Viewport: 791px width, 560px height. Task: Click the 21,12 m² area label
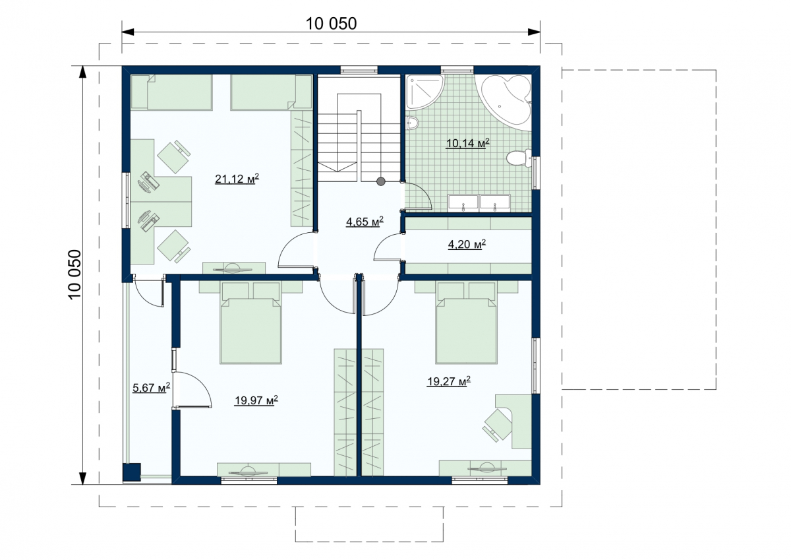click(x=237, y=179)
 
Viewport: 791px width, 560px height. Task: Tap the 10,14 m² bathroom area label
click(x=467, y=143)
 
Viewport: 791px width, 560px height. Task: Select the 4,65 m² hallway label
click(x=365, y=222)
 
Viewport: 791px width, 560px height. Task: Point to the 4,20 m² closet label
click(x=467, y=244)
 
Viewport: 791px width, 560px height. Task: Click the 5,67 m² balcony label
click(x=152, y=388)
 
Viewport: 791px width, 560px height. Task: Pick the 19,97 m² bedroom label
click(x=256, y=400)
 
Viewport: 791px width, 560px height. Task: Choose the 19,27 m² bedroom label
click(x=448, y=381)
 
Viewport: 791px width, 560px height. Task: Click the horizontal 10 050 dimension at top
click(x=331, y=24)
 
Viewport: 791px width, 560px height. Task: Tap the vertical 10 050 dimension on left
click(x=74, y=275)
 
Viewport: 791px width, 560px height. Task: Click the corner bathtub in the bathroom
click(x=506, y=101)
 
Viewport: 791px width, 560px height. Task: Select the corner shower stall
click(x=423, y=92)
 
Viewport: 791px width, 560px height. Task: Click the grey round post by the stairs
click(x=380, y=181)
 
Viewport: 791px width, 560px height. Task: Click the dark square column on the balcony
click(x=132, y=472)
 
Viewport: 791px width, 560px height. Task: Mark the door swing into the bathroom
click(x=417, y=195)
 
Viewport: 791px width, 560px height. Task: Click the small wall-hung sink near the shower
click(x=412, y=123)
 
